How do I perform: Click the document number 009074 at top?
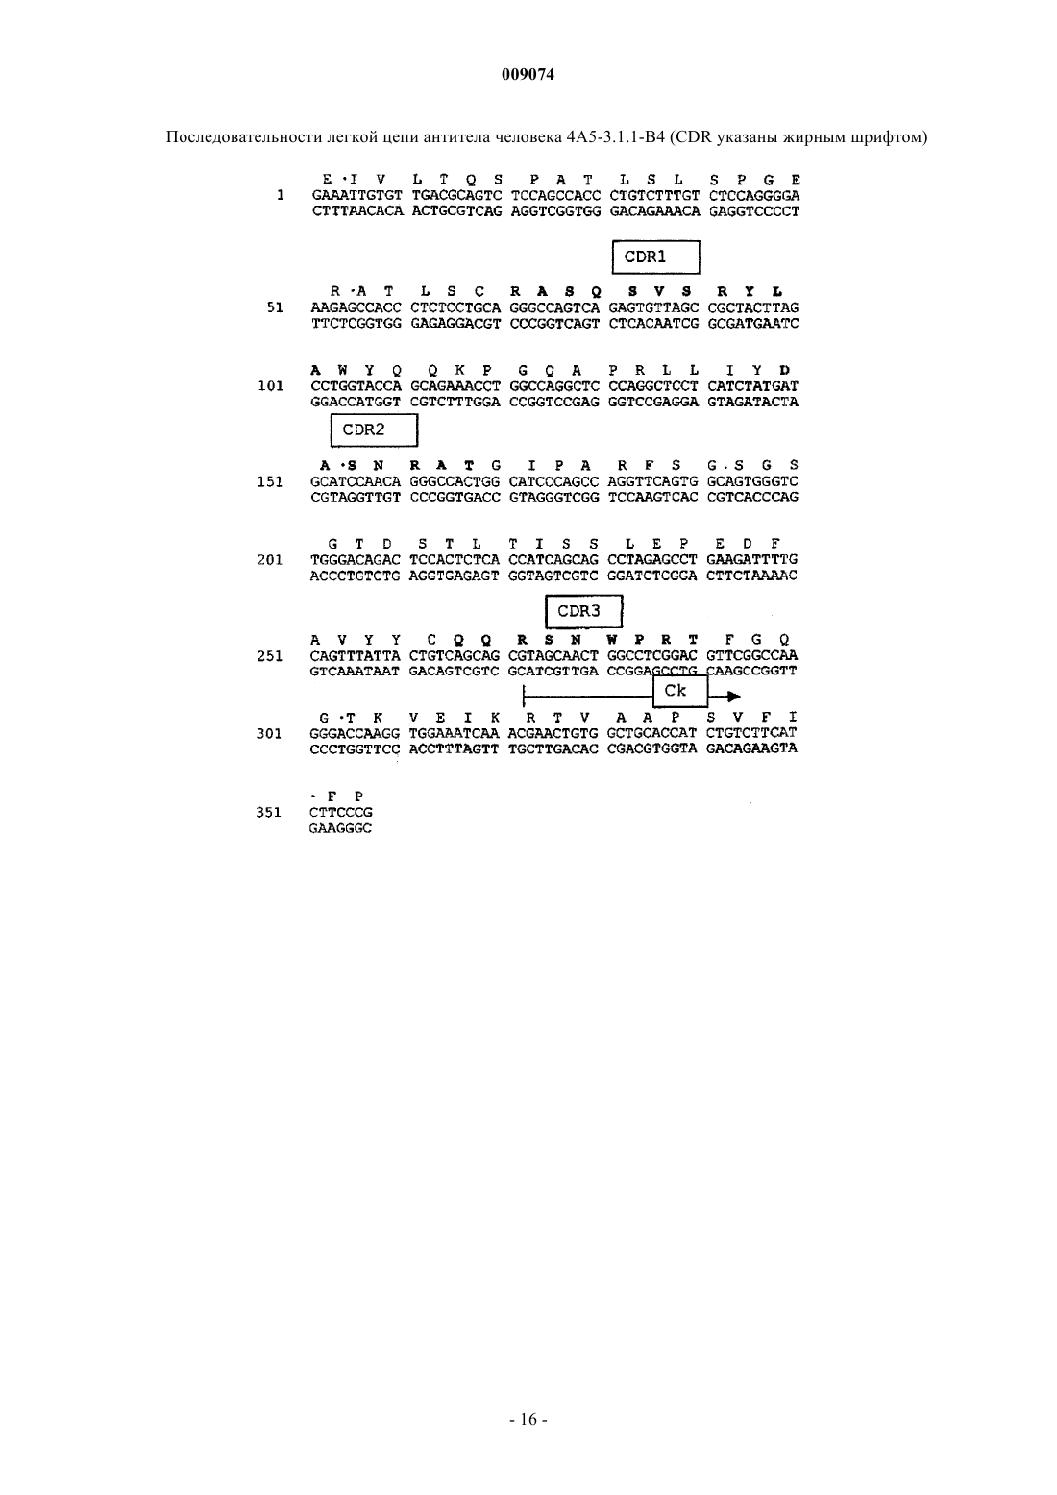(528, 75)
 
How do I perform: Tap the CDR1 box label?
(656, 257)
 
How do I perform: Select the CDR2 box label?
(374, 429)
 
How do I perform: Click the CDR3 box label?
(584, 611)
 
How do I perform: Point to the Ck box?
(680, 691)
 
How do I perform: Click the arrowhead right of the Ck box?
(733, 697)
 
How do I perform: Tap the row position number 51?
(275, 307)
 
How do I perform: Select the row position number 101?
(271, 386)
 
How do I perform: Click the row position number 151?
(270, 482)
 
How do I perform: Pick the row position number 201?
(270, 560)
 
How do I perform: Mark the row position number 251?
(270, 656)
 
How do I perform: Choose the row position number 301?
(269, 734)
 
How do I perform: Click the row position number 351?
(269, 812)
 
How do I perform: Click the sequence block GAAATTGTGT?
(357, 196)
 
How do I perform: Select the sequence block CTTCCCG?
(341, 812)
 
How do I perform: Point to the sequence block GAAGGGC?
(340, 828)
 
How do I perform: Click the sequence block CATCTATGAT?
(752, 386)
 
